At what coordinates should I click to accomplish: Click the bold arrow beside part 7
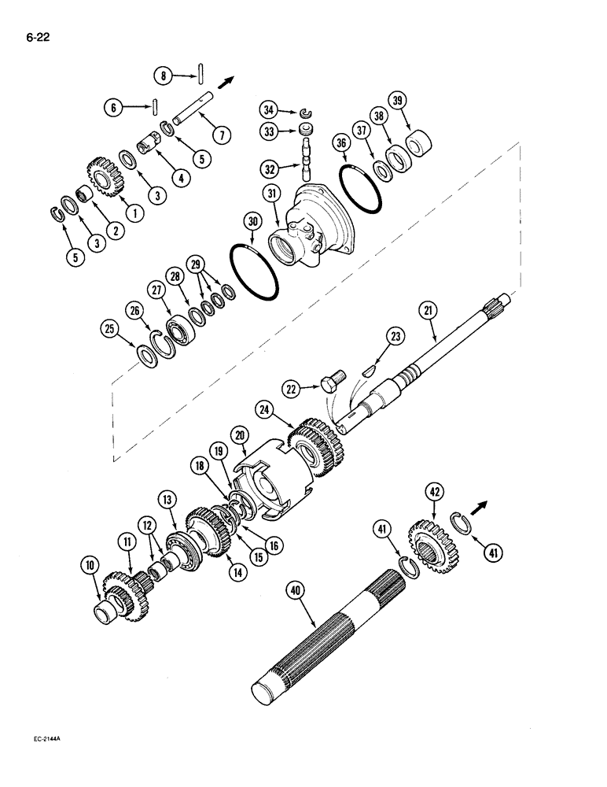pyautogui.click(x=226, y=80)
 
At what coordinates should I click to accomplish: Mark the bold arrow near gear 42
pyautogui.click(x=480, y=504)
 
